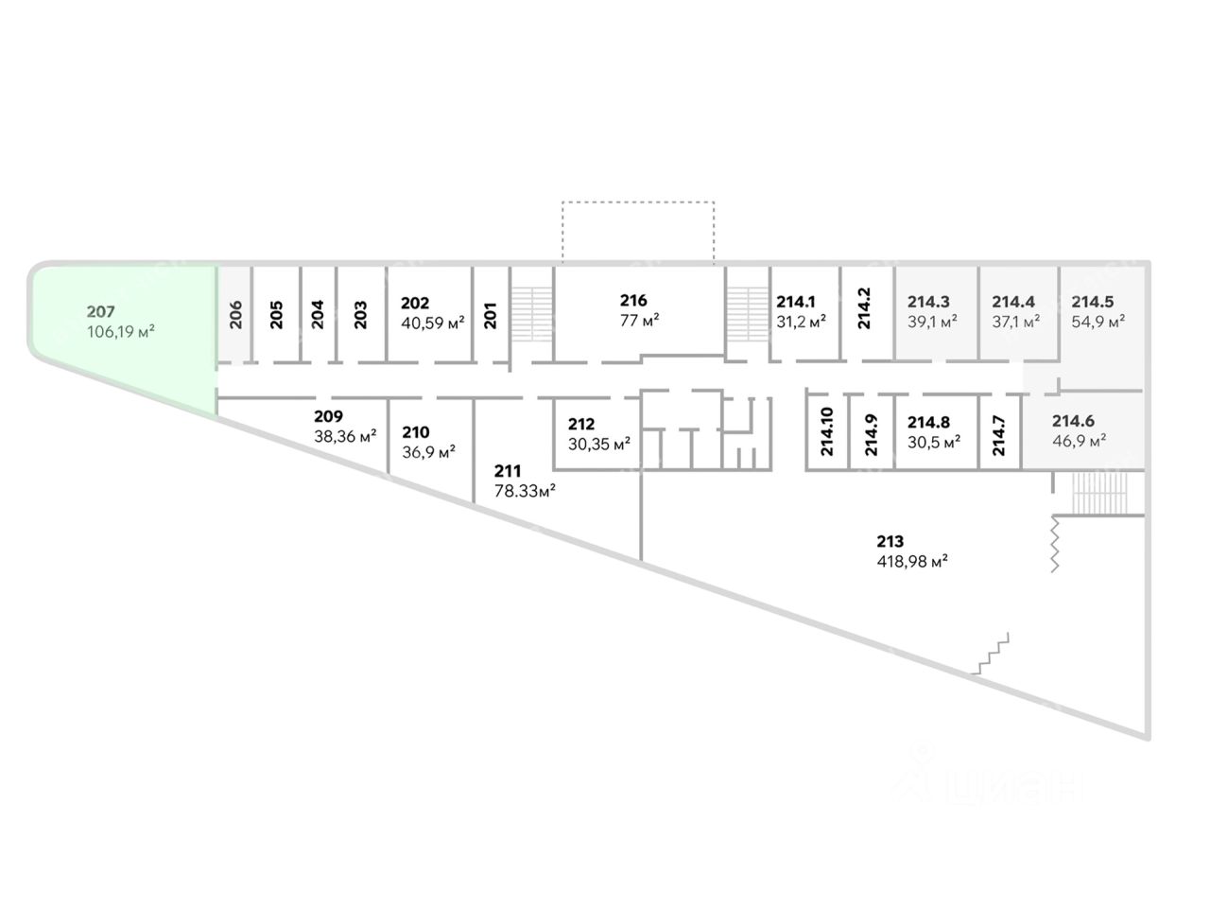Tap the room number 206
235,314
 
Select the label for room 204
318,314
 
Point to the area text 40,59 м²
432,323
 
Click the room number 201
490,316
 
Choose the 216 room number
632,301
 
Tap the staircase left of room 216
532,314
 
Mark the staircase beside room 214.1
748,314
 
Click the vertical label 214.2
864,308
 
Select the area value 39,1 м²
932,322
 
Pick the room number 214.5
1092,302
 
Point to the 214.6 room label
1073,421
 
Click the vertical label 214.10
827,431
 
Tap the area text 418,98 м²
912,562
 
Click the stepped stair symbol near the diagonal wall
990,653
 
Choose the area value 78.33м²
525,490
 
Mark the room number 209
328,416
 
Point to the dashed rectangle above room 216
638,202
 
